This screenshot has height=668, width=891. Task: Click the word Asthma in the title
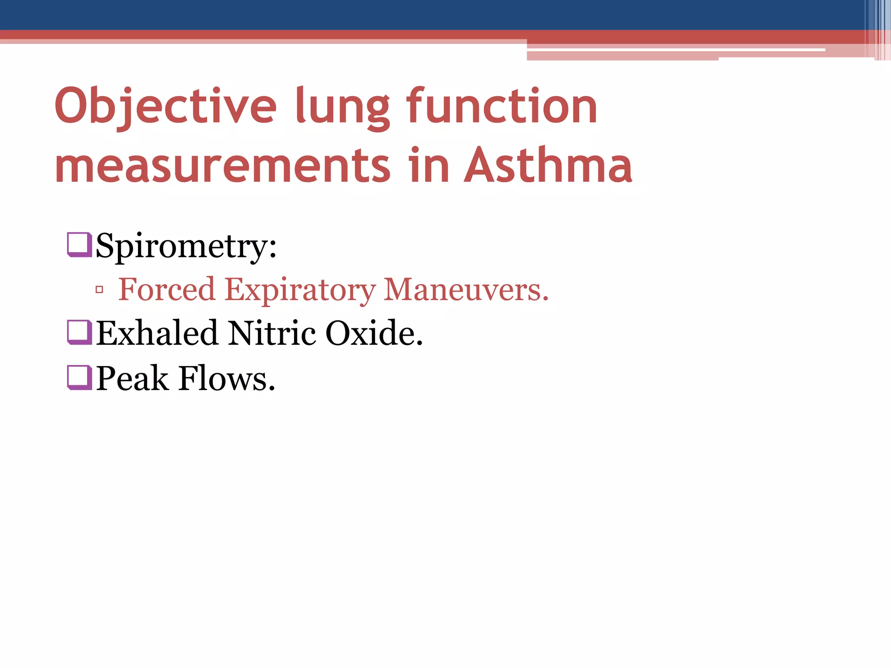548,165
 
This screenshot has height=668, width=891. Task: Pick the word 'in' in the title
429,165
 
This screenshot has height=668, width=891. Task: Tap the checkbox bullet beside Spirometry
79,244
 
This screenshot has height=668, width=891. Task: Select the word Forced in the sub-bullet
167,289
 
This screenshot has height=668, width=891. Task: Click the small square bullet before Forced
99,290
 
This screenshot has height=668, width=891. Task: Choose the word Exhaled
157,333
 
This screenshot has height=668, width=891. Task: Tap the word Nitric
272,333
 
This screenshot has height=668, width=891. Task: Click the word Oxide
374,333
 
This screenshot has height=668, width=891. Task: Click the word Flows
227,378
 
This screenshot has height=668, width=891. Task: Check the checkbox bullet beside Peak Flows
79,377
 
